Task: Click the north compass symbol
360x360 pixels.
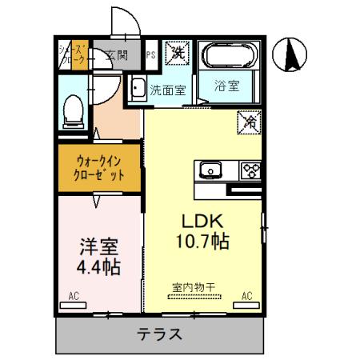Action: tap(292, 54)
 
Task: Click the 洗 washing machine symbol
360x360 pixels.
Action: tap(178, 54)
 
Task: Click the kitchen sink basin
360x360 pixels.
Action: tap(210, 170)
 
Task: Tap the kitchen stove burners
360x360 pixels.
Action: tap(251, 170)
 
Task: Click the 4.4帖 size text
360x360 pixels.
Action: tap(98, 266)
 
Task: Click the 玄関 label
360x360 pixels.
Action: tap(115, 55)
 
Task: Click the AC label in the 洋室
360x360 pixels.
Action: tap(74, 295)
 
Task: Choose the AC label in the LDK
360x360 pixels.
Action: tap(247, 295)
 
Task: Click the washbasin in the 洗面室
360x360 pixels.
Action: tap(137, 88)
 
